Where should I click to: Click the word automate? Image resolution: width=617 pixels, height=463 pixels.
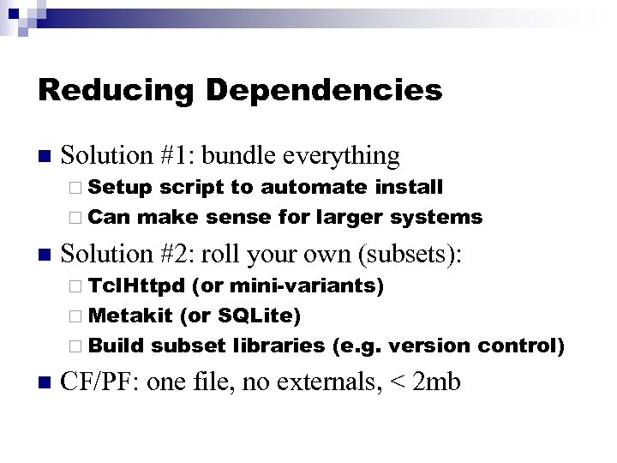[314, 187]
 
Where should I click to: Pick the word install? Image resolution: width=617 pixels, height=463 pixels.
[410, 187]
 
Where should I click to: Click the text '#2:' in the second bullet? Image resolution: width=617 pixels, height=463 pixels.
[178, 255]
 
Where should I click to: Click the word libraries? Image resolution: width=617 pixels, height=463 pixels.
[279, 346]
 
